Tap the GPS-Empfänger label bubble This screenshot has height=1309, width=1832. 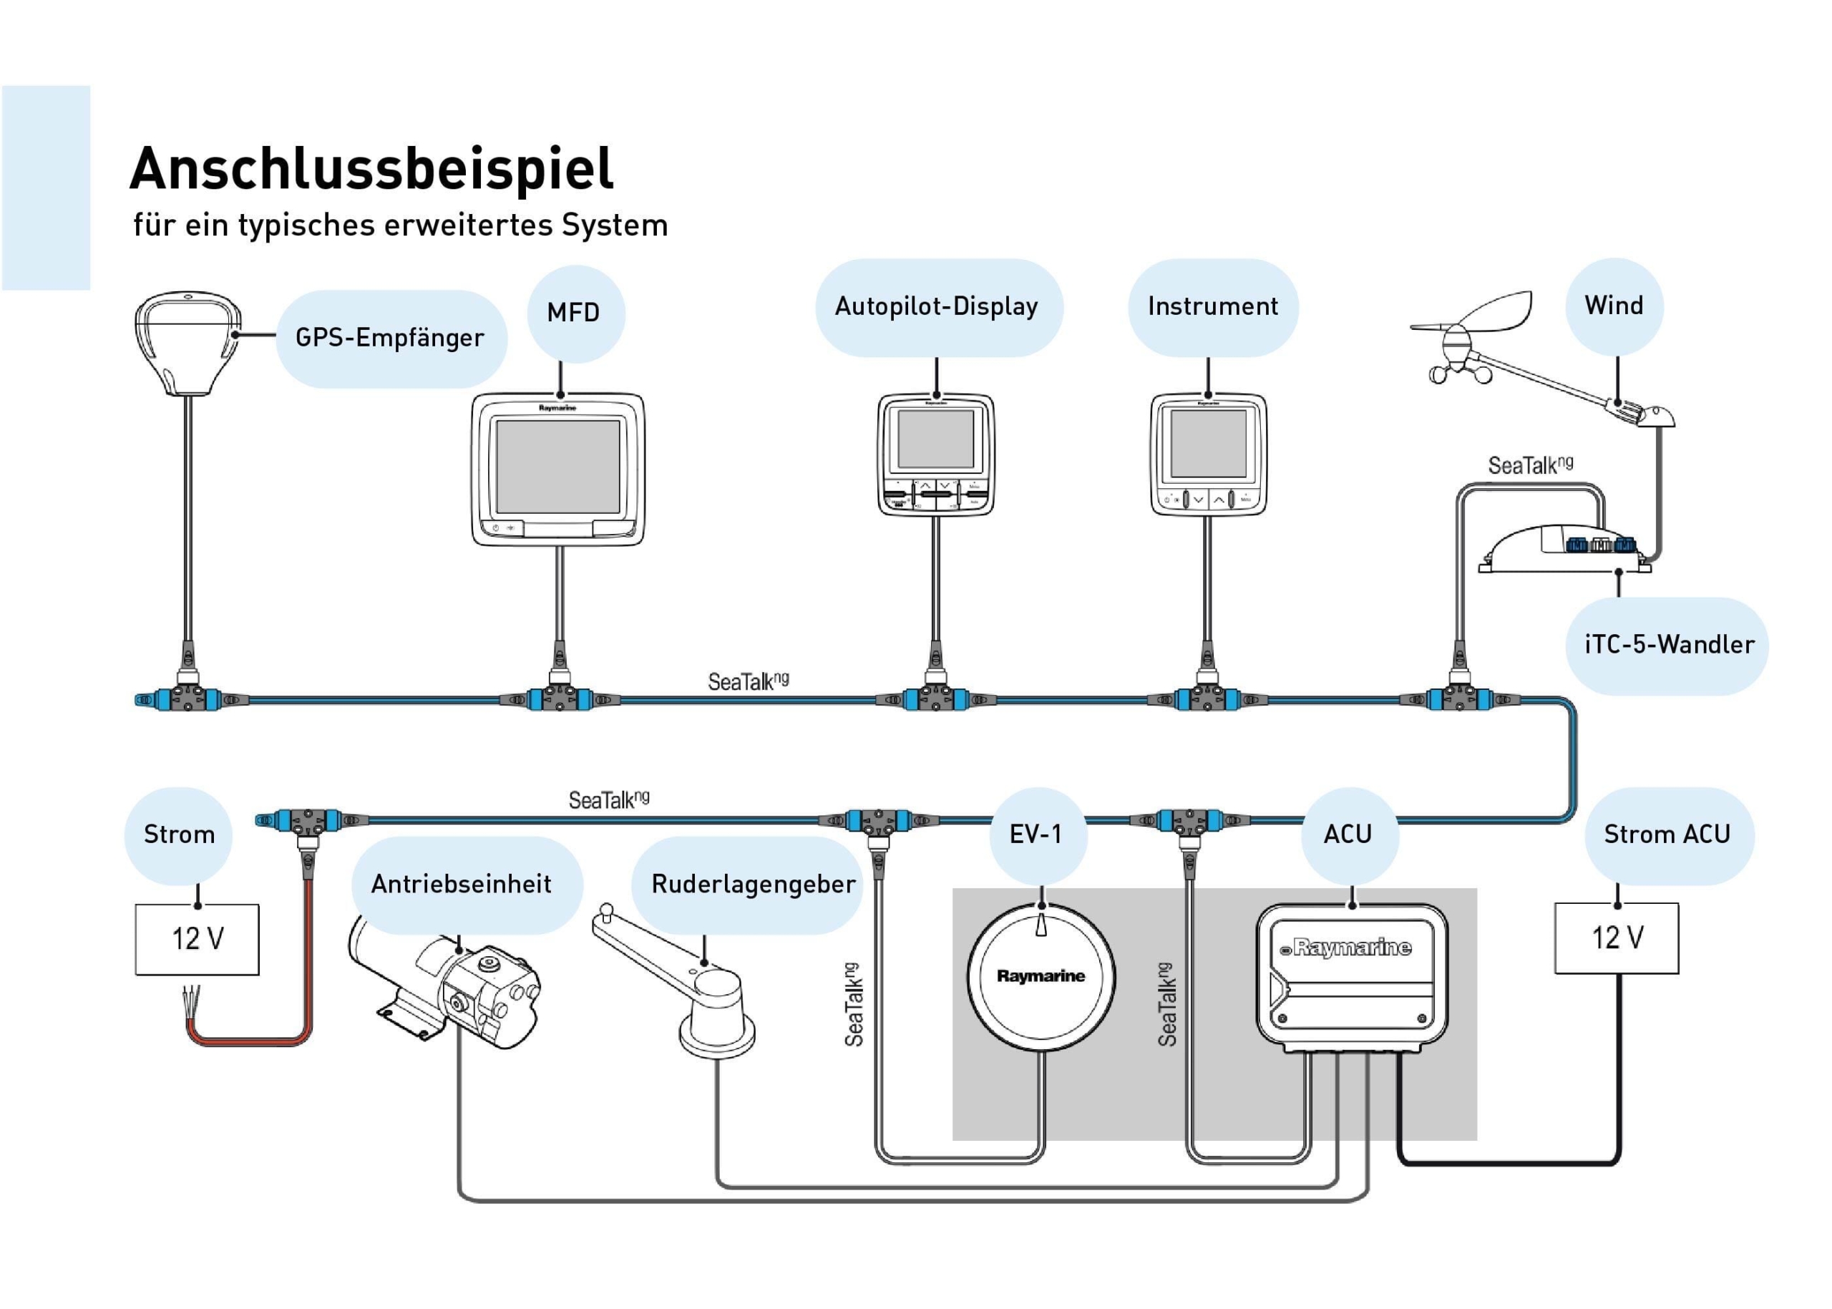390,338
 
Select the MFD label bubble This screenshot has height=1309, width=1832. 574,313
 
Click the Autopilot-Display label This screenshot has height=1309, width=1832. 937,306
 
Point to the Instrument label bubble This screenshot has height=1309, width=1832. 1212,306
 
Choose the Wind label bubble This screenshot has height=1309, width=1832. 1614,306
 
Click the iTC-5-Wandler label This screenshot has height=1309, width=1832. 1668,645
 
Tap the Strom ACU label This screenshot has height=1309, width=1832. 1667,834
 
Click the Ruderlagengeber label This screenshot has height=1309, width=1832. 753,884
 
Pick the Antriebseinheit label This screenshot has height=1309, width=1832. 461,884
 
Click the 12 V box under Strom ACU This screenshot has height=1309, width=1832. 1616,938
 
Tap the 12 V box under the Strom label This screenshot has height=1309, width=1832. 197,939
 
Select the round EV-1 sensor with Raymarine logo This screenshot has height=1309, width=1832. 1041,977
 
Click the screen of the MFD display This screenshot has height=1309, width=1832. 557,466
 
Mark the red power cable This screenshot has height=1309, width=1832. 306,967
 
